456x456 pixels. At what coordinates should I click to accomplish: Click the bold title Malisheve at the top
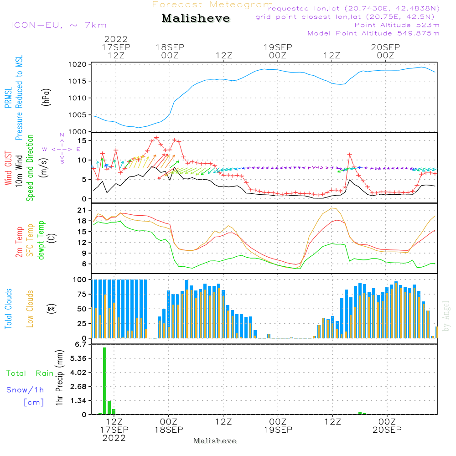tap(196, 18)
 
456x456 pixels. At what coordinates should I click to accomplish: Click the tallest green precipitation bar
tap(105, 381)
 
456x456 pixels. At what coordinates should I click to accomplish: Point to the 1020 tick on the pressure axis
tap(78, 64)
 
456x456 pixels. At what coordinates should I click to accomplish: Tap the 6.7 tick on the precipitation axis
tap(81, 344)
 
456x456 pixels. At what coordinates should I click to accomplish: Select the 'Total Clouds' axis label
tap(8, 309)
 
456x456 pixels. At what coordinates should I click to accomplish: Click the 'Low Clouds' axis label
tap(30, 309)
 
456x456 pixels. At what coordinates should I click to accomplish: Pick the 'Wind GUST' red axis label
tap(8, 168)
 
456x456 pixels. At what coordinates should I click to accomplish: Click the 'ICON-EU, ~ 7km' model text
tap(59, 25)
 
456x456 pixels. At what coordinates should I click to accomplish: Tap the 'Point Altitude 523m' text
tap(397, 25)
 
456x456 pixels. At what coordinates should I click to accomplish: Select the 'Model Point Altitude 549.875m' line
tap(373, 33)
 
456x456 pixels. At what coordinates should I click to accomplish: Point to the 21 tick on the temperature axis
tap(82, 210)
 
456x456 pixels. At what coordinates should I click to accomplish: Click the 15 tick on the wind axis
tap(82, 141)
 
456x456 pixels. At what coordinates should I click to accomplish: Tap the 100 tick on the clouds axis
tap(79, 280)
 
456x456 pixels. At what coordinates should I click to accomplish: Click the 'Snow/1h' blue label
tap(25, 390)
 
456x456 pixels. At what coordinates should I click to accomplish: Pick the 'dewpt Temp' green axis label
tap(41, 240)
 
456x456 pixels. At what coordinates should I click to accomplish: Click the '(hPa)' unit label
tap(46, 97)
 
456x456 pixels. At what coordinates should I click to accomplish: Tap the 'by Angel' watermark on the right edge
tap(446, 316)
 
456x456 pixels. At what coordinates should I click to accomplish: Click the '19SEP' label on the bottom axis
tap(278, 430)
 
